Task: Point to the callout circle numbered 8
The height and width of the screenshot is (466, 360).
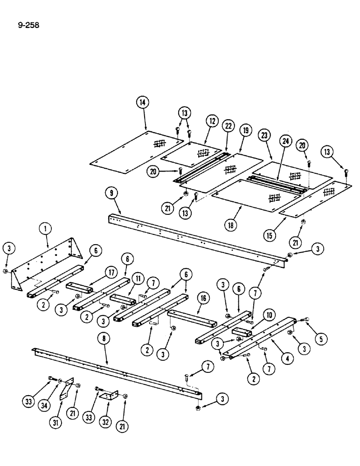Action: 107,339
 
